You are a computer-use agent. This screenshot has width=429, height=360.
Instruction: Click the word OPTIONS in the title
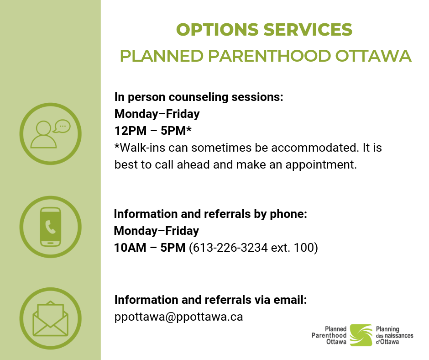click(x=217, y=30)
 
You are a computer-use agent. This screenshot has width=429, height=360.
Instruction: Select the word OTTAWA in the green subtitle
click(x=373, y=56)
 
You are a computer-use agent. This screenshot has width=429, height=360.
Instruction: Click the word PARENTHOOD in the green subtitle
click(x=269, y=56)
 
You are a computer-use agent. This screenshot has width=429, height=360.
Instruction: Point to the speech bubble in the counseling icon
click(x=62, y=126)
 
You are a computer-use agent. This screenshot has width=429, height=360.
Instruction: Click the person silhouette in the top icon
click(x=43, y=135)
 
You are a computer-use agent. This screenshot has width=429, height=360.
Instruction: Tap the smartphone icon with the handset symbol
click(x=51, y=227)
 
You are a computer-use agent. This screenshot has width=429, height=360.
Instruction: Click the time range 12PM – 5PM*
click(x=153, y=131)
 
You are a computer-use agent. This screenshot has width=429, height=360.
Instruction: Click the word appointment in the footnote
click(x=321, y=165)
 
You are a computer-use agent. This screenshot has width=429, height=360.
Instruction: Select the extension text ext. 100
click(x=292, y=248)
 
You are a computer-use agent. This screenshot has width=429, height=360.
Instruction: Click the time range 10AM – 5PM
click(x=150, y=248)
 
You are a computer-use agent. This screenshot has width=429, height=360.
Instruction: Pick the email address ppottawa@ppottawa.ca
click(x=178, y=317)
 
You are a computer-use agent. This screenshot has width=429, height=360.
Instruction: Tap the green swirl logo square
click(x=361, y=335)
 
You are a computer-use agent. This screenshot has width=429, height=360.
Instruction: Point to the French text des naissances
click(x=394, y=336)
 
